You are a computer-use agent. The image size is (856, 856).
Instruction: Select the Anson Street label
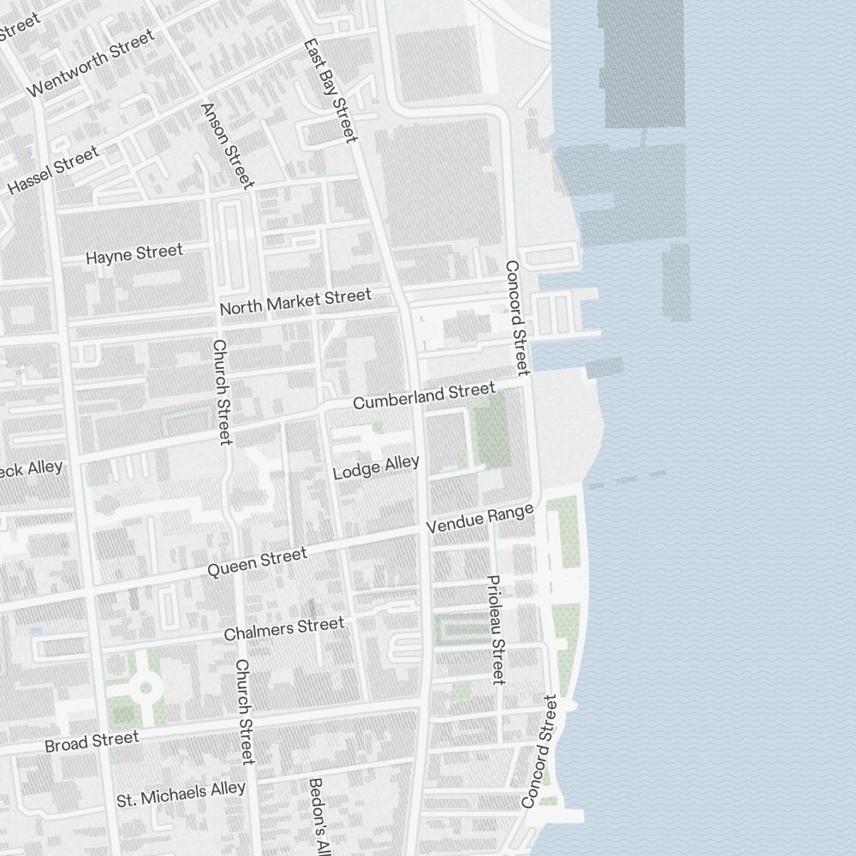tap(227, 145)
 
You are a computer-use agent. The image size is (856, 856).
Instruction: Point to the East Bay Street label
tap(330, 90)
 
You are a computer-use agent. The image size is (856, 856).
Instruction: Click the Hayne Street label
tap(134, 253)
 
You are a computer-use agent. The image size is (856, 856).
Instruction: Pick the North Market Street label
tap(295, 301)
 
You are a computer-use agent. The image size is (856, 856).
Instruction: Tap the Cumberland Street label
tap(424, 395)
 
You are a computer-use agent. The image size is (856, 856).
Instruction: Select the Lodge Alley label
tap(376, 467)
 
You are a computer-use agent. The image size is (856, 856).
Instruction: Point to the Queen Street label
tap(257, 562)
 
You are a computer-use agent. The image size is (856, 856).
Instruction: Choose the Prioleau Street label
tap(496, 629)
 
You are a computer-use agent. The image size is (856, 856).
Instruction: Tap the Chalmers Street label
tap(283, 629)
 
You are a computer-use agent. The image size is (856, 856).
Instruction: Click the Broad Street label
tap(92, 741)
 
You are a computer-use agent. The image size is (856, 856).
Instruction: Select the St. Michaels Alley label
tap(181, 794)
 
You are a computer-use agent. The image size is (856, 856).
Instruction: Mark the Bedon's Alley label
tap(318, 817)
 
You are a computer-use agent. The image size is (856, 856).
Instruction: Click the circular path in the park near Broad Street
tap(145, 687)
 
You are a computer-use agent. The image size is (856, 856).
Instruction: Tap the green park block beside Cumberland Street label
tap(490, 431)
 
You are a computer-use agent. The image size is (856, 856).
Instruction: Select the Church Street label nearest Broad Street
tap(245, 711)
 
